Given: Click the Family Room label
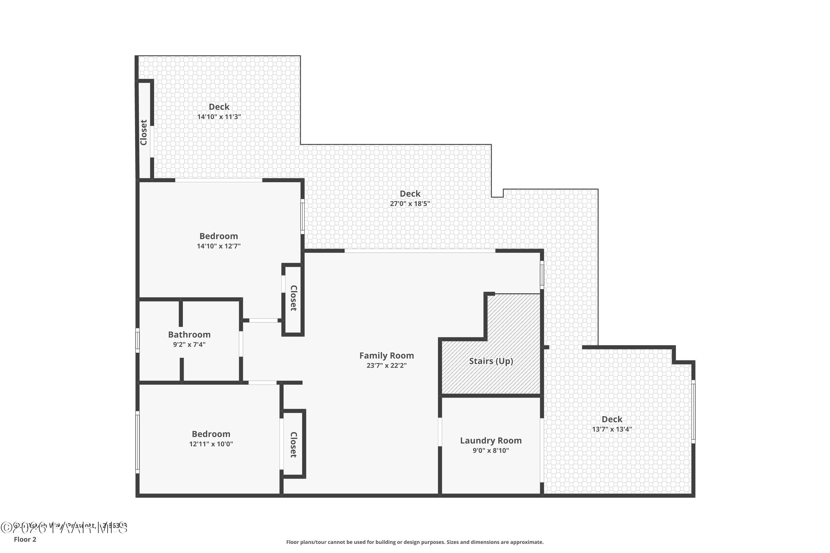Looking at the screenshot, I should [387, 356].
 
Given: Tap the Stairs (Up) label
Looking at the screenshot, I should [491, 361].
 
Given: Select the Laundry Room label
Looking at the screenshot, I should [491, 440].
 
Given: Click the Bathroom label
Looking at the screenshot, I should [189, 335].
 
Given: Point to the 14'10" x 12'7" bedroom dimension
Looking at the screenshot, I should [219, 246].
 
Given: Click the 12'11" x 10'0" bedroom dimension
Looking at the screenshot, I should [211, 444].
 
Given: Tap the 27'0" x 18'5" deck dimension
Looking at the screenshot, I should [410, 204].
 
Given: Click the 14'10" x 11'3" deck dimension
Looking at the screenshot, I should [219, 117].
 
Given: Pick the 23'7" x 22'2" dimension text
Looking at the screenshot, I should [387, 365].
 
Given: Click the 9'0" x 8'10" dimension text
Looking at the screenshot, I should [491, 450].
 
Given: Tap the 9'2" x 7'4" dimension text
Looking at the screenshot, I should [189, 345].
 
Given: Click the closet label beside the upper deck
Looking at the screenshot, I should [144, 132].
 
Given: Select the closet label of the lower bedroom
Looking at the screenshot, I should [293, 445].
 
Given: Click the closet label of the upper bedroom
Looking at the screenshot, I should [293, 298].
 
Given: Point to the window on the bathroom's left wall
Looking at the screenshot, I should [138, 340].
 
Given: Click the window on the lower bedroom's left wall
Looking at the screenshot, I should [138, 442].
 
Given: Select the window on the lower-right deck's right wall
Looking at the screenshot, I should [693, 412].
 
